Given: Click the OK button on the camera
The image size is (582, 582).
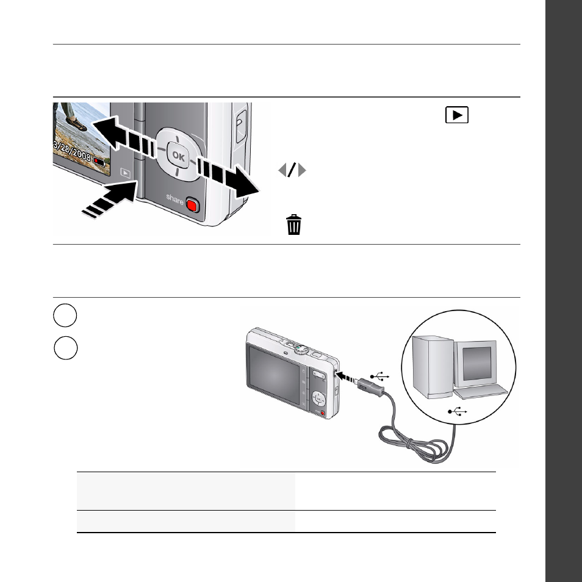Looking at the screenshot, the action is (x=178, y=156).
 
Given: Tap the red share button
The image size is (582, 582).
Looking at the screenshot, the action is (x=193, y=205).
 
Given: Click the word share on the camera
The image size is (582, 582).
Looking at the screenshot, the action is (x=175, y=199).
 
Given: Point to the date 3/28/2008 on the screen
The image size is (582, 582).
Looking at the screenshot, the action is (x=72, y=150).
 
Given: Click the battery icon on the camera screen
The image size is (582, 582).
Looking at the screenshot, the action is (x=99, y=162).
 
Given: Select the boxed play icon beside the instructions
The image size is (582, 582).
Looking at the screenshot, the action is (x=457, y=115).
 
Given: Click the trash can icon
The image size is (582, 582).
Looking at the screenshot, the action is (x=293, y=225).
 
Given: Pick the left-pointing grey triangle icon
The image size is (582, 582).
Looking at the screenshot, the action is (x=282, y=170).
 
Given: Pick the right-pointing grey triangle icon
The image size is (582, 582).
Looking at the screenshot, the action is (x=302, y=170).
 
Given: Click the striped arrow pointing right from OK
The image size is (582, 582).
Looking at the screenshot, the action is (x=228, y=177).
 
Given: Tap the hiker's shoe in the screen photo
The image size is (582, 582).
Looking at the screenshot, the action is (x=77, y=124).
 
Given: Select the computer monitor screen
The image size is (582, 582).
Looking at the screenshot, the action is (x=477, y=364).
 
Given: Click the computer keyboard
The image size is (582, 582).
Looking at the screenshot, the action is (x=481, y=392).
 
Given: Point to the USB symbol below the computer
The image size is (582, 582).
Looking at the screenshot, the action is (x=458, y=411).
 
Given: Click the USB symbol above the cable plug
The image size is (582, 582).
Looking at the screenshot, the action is (x=379, y=376).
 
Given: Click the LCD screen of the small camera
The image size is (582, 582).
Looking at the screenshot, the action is (x=274, y=375).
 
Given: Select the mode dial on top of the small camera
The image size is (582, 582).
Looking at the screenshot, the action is (x=301, y=350).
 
